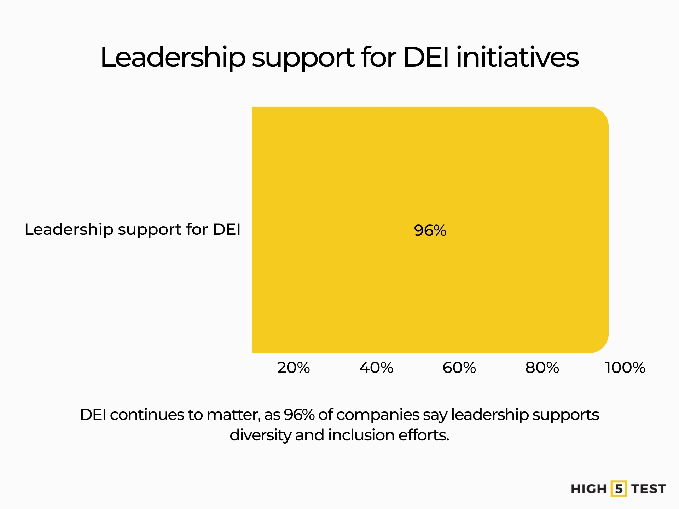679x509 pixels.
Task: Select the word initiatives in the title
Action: (517, 57)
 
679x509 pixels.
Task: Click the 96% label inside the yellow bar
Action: (430, 230)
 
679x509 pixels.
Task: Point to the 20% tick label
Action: (294, 368)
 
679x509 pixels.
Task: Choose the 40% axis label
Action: (376, 368)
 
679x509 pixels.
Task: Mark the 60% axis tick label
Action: (459, 368)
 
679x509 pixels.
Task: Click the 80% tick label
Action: (542, 368)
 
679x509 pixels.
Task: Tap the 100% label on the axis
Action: (625, 368)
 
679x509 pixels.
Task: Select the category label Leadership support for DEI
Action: (133, 229)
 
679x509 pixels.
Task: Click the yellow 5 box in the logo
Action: (619, 489)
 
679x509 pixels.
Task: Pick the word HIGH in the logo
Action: (588, 489)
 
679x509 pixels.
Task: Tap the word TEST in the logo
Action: (649, 489)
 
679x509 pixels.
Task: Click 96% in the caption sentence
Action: (299, 415)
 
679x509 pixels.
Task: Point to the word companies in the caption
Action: (378, 415)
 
